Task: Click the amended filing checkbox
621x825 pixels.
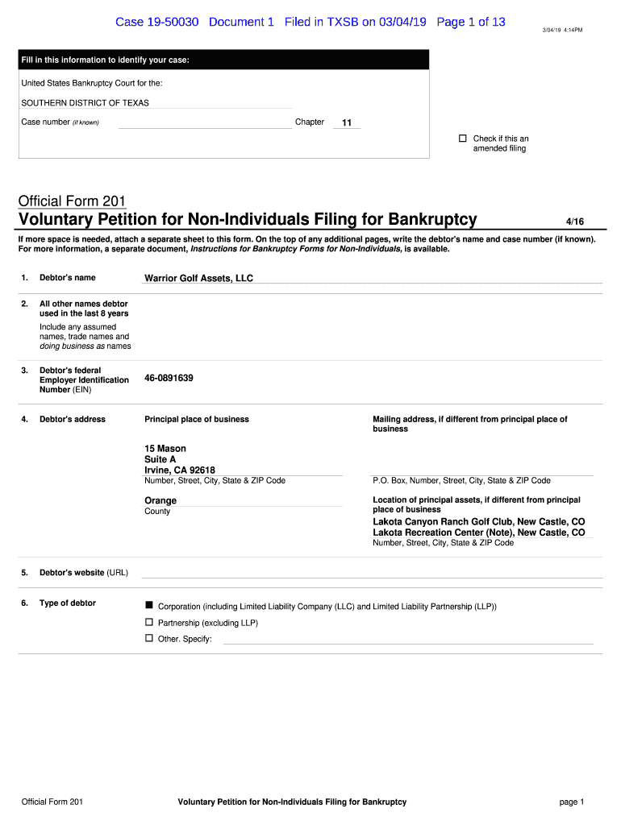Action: click(x=463, y=139)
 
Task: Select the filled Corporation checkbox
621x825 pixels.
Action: click(x=148, y=605)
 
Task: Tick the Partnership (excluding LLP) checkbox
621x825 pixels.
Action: click(x=148, y=622)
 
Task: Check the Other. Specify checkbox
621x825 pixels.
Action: click(x=148, y=638)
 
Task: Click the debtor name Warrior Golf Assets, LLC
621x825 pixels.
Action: click(x=198, y=278)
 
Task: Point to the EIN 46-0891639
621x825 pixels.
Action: click(x=169, y=378)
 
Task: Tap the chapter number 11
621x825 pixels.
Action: click(x=347, y=123)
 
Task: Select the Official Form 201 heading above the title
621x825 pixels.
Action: click(x=73, y=201)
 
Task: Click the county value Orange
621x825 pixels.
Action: click(x=160, y=500)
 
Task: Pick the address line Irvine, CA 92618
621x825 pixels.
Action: click(x=180, y=471)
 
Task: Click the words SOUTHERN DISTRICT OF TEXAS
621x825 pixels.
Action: click(x=85, y=103)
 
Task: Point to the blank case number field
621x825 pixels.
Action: click(x=205, y=123)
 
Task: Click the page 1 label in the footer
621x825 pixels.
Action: click(x=571, y=802)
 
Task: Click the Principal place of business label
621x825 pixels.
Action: click(x=197, y=419)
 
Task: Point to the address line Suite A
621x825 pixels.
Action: click(x=160, y=459)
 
